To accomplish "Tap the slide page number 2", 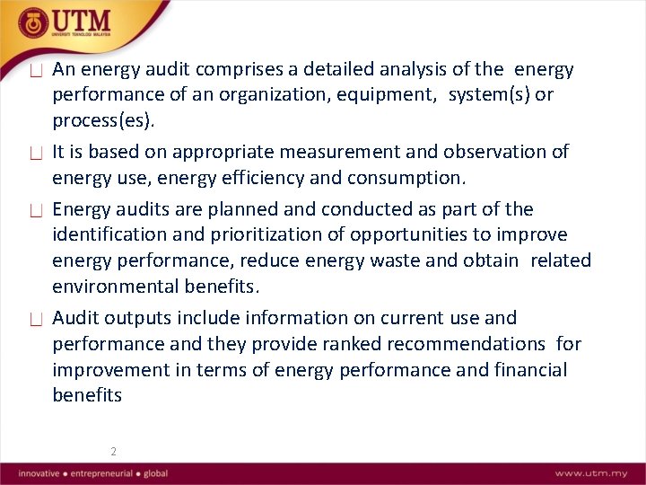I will tap(113, 452).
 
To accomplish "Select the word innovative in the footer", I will tap(39, 473).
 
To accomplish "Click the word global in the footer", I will tap(153, 473).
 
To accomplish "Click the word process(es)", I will tap(103, 121).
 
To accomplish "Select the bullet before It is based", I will tap(36, 154).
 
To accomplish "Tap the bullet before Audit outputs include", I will tap(36, 319).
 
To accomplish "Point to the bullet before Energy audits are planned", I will tap(36, 211).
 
